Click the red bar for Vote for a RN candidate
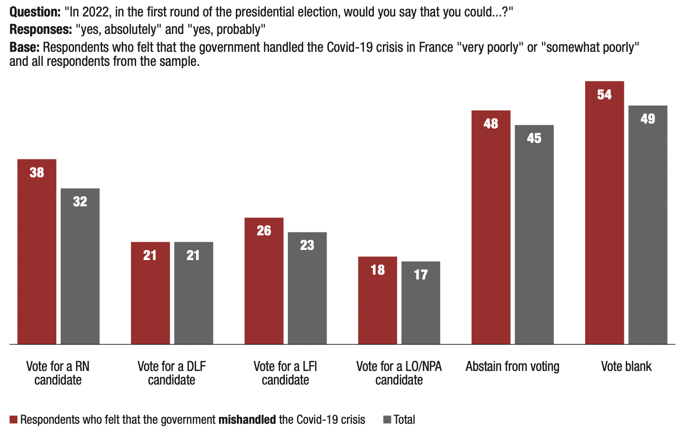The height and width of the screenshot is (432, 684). (x=37, y=252)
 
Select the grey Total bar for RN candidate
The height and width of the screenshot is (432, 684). (x=80, y=266)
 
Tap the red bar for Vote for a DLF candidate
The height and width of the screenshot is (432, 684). (x=150, y=293)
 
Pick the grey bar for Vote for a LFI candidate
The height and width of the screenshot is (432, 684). (x=307, y=288)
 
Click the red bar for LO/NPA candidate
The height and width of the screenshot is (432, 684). (x=377, y=300)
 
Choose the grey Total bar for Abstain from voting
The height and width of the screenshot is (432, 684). (x=534, y=235)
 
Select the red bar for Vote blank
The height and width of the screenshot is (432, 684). (x=604, y=213)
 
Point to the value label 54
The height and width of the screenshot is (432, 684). (x=604, y=95)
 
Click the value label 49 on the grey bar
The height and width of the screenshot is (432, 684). (x=648, y=119)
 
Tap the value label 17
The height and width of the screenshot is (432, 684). (x=420, y=275)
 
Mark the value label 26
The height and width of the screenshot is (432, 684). (x=264, y=231)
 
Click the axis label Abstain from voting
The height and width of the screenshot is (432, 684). (x=512, y=367)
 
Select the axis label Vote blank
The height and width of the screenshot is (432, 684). (x=626, y=367)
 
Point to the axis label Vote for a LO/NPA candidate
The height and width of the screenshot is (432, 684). (x=399, y=373)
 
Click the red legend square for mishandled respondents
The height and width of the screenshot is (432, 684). (x=14, y=420)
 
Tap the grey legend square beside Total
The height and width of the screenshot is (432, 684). (x=387, y=420)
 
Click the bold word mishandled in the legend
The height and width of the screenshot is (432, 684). (x=247, y=420)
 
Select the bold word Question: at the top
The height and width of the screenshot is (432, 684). (x=35, y=12)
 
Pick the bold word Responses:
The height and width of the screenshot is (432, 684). (x=41, y=30)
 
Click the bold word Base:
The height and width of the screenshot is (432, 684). (x=24, y=47)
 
